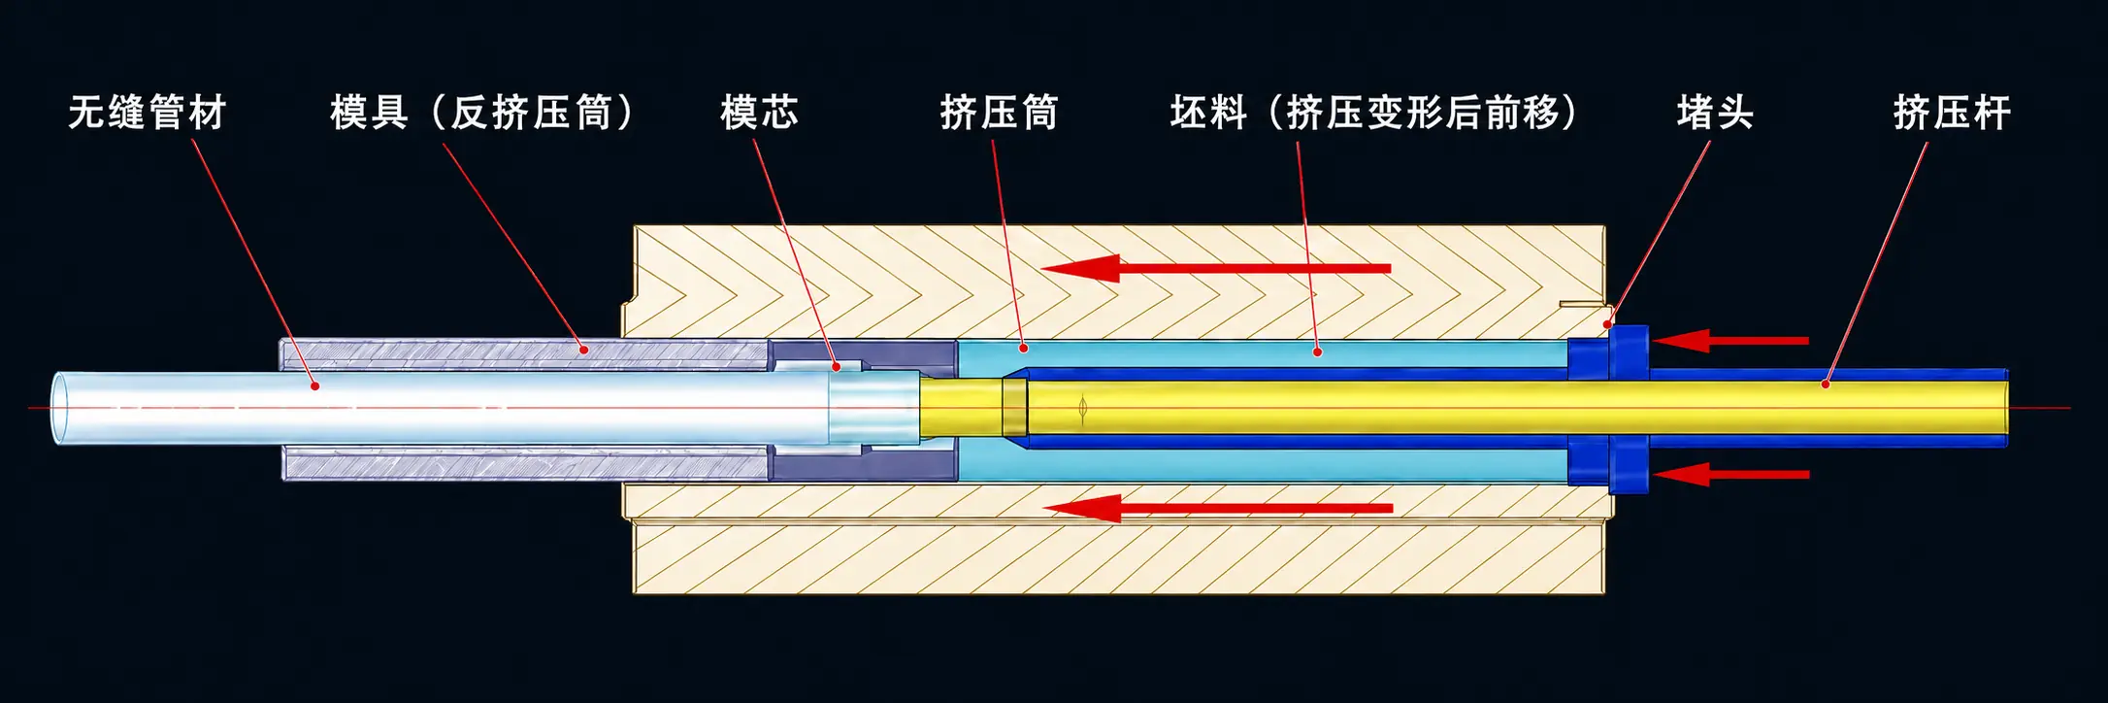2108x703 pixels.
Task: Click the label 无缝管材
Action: click(148, 113)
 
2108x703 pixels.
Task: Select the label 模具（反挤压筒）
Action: click(481, 113)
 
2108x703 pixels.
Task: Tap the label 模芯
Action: click(759, 113)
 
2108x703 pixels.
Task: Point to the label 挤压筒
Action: click(999, 113)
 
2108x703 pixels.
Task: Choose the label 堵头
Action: click(1715, 113)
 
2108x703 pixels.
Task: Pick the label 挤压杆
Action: click(1952, 113)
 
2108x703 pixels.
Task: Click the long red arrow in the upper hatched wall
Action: click(1216, 268)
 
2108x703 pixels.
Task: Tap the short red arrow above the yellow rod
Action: click(1730, 341)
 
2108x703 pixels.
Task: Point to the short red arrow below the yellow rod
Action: click(1731, 475)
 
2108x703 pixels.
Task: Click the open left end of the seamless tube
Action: click(61, 409)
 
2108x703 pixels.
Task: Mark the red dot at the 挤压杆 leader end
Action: click(1825, 385)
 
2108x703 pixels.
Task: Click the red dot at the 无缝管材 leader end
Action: click(315, 386)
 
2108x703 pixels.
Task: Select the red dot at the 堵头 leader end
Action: click(1607, 324)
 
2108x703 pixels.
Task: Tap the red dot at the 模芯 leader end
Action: click(837, 367)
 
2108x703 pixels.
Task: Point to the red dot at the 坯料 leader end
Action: click(1317, 351)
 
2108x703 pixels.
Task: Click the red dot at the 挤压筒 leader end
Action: click(1023, 347)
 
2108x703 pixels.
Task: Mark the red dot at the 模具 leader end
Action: click(583, 349)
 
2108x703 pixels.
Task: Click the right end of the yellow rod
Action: click(2005, 409)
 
